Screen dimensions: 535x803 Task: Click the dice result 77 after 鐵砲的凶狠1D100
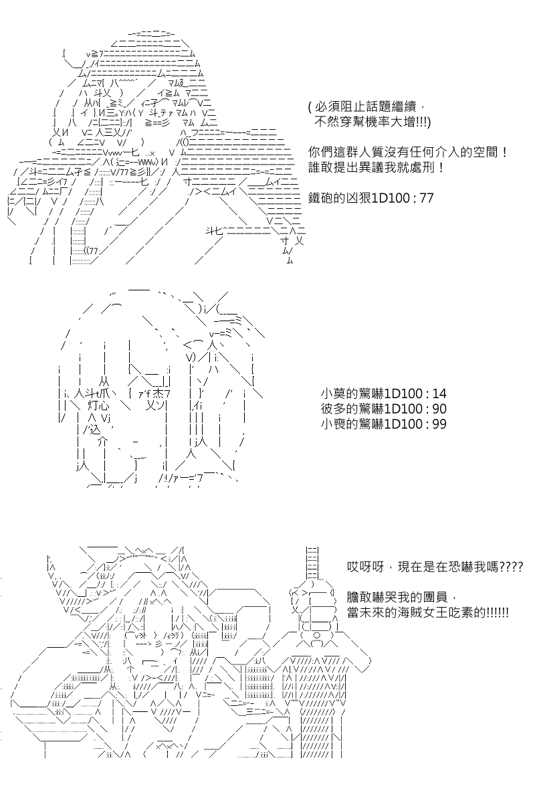tap(426, 198)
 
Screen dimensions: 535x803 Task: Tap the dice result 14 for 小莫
tap(439, 393)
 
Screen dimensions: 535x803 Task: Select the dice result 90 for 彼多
tap(439, 409)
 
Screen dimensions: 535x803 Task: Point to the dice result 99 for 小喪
tap(439, 424)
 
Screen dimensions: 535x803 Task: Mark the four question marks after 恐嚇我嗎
tap(511, 567)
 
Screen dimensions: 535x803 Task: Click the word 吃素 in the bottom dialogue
tap(473, 612)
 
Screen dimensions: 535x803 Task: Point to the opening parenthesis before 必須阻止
tap(310, 107)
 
